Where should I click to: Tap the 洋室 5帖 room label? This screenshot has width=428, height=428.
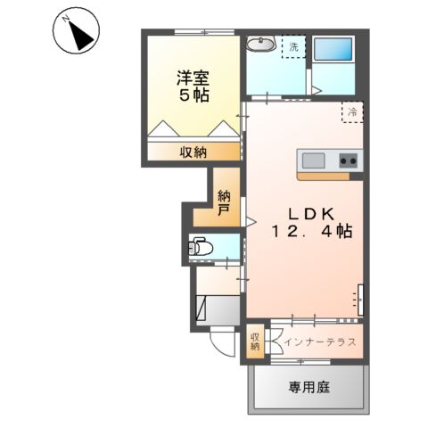192,85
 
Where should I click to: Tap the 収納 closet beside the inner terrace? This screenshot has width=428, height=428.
255,342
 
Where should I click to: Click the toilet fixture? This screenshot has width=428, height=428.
200,246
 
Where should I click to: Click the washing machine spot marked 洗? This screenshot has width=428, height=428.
292,45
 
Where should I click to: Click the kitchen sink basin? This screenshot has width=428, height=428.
313,160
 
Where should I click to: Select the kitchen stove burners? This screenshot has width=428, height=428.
348,160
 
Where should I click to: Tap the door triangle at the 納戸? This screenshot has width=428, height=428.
251,218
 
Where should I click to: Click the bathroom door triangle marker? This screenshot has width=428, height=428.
315,89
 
